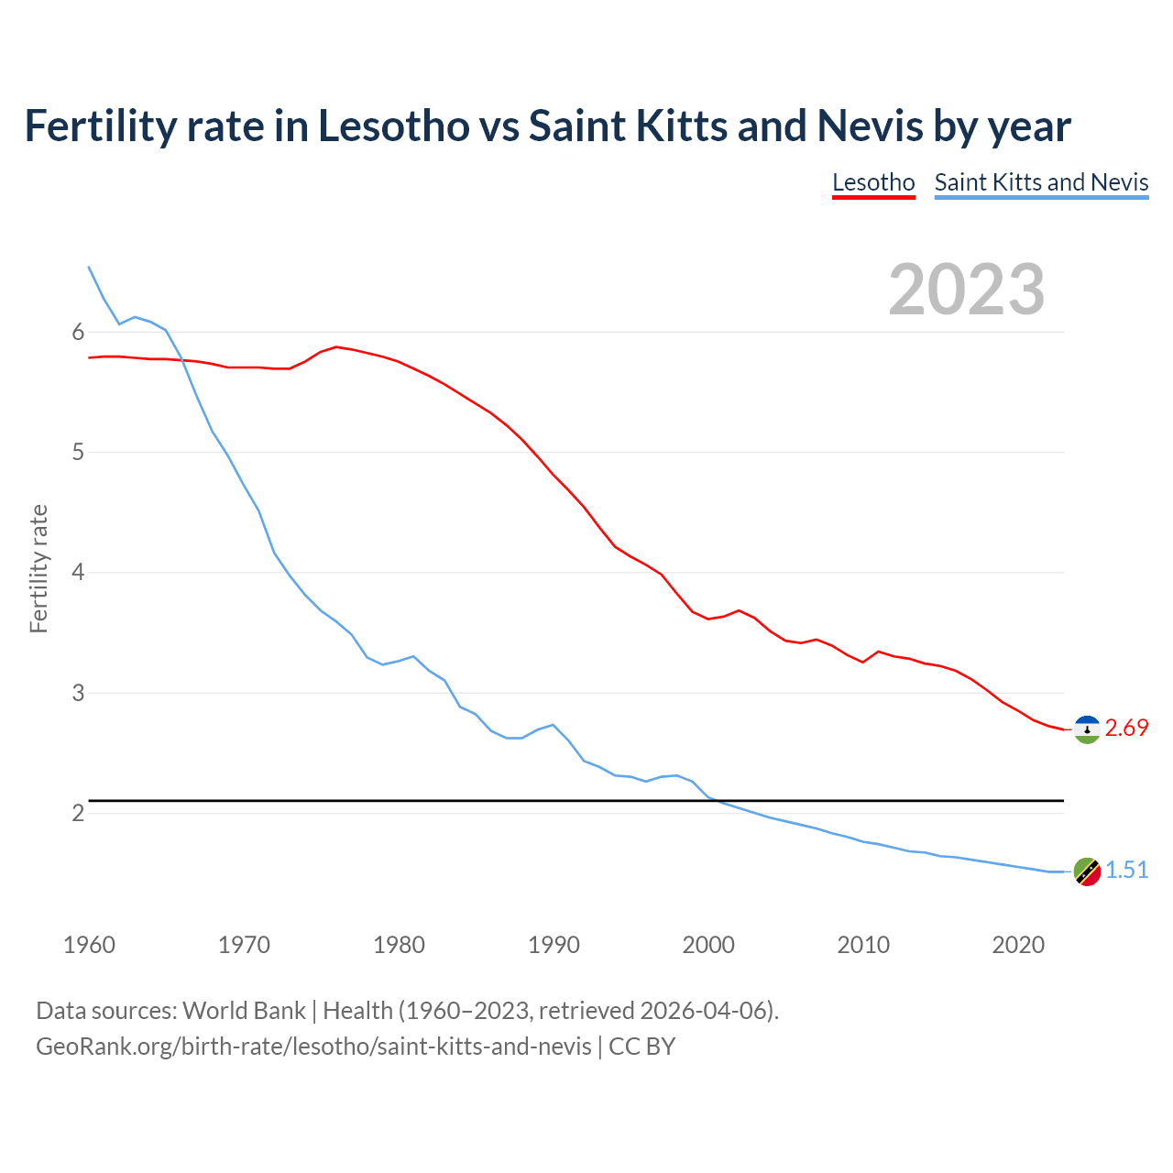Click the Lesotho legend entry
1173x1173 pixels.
coord(873,182)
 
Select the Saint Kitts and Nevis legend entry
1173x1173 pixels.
coord(1041,182)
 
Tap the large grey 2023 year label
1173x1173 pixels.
coord(967,290)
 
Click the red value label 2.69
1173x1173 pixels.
coord(1126,729)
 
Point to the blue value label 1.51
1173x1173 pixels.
coord(1126,871)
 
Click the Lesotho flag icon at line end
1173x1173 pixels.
coord(1087,729)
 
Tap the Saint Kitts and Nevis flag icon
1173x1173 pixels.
coord(1087,872)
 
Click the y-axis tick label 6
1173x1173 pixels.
coord(78,332)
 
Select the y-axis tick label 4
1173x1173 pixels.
coord(78,573)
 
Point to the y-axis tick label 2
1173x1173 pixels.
coord(78,814)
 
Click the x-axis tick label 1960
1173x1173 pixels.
coord(89,945)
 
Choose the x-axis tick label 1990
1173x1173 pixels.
coord(554,945)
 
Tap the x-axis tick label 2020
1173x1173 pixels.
coord(1018,945)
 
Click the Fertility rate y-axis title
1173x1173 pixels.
coord(38,568)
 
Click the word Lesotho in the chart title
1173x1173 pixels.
coord(393,126)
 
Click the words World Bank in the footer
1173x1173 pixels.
coord(244,1011)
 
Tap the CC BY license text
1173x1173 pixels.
coord(641,1047)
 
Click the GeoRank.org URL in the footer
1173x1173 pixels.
coord(313,1047)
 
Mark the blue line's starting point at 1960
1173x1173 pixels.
coord(89,267)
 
